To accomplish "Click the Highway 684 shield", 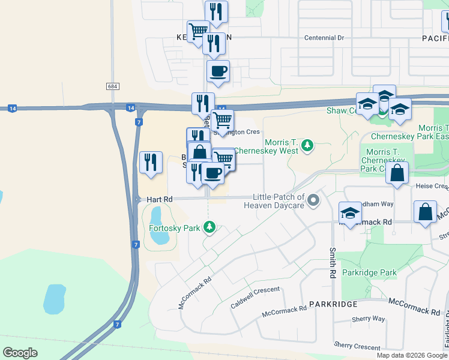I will [x=113, y=86].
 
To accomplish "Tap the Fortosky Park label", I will [x=174, y=227].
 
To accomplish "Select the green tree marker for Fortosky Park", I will [x=209, y=227].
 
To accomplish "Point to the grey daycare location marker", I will [x=313, y=201].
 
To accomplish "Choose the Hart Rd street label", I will [x=160, y=199].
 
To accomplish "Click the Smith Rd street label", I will [x=331, y=263].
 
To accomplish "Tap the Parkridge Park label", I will [x=369, y=272].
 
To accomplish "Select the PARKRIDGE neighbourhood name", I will [x=333, y=304].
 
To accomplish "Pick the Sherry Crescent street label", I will [x=357, y=346].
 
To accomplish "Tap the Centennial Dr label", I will [x=324, y=37].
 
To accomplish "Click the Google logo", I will [x=20, y=353].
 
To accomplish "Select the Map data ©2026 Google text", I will [x=412, y=355].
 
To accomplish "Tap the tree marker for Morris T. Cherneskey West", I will [x=307, y=145].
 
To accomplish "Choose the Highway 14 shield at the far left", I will [x=12, y=108].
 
